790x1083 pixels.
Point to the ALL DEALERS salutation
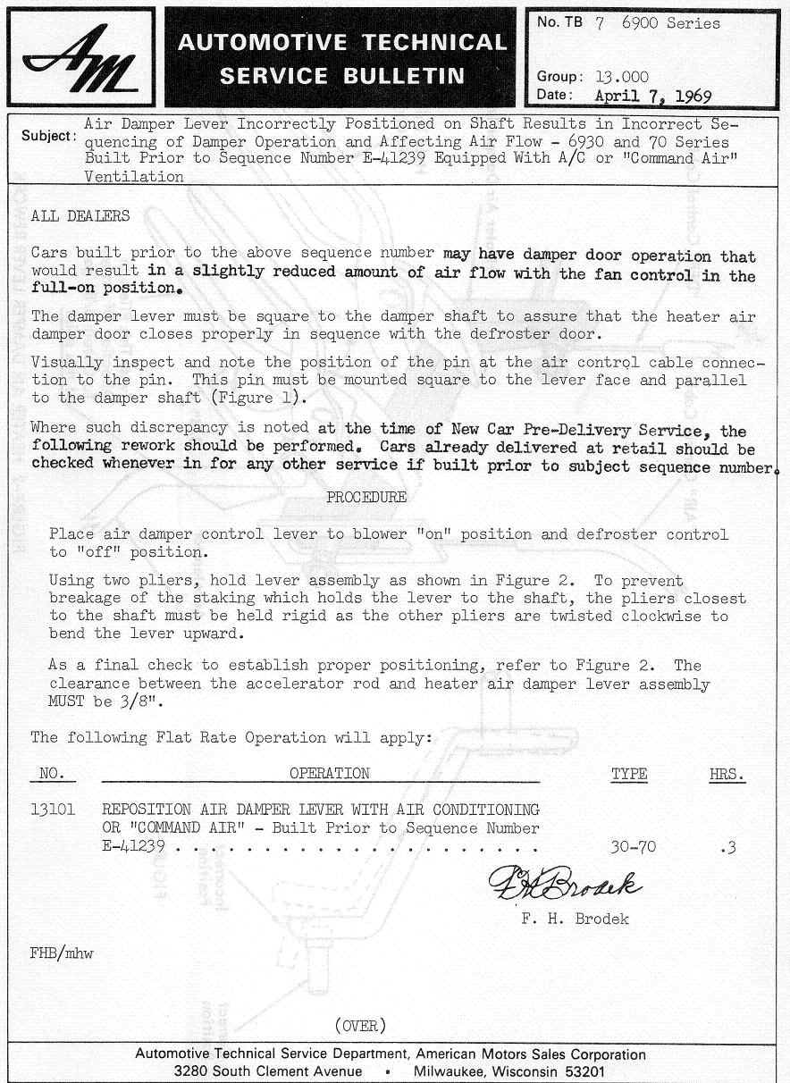click(80, 216)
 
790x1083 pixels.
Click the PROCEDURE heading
click(366, 497)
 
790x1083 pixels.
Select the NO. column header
click(53, 774)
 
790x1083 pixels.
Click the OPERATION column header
click(329, 774)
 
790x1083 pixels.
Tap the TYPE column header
click(629, 774)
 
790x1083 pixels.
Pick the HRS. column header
click(727, 775)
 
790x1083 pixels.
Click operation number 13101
click(53, 810)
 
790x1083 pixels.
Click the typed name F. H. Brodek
click(575, 919)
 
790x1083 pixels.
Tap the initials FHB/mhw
click(62, 954)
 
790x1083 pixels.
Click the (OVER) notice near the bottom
click(360, 1025)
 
